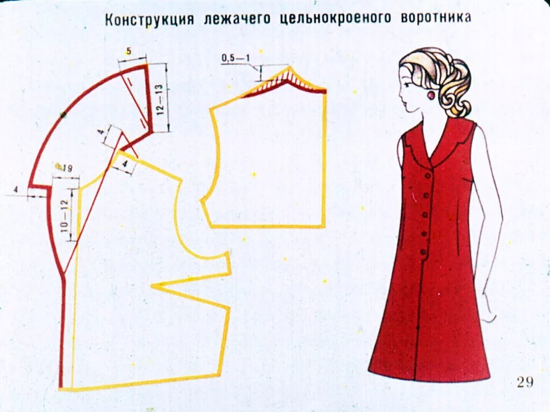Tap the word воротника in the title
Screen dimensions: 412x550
[x=436, y=18]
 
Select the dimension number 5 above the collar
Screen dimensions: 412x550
[x=128, y=51]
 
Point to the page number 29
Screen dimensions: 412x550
[x=525, y=381]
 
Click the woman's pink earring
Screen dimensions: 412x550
[x=431, y=95]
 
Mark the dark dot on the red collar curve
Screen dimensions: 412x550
[x=63, y=114]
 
